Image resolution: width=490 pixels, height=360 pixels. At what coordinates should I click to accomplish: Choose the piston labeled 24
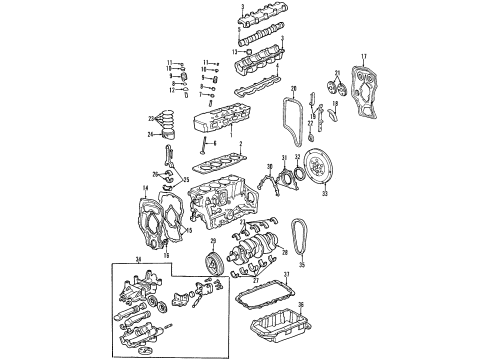coord(178,137)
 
